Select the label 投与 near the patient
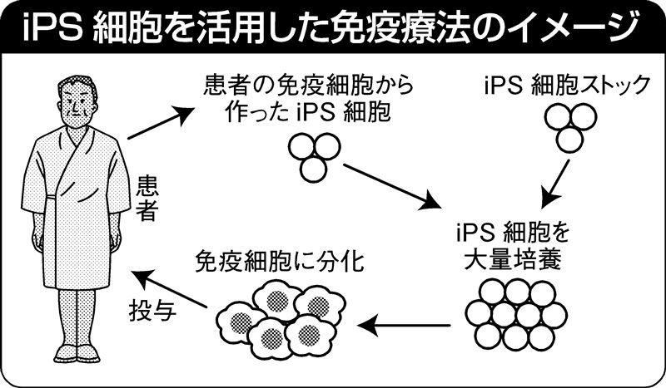click(150, 309)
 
